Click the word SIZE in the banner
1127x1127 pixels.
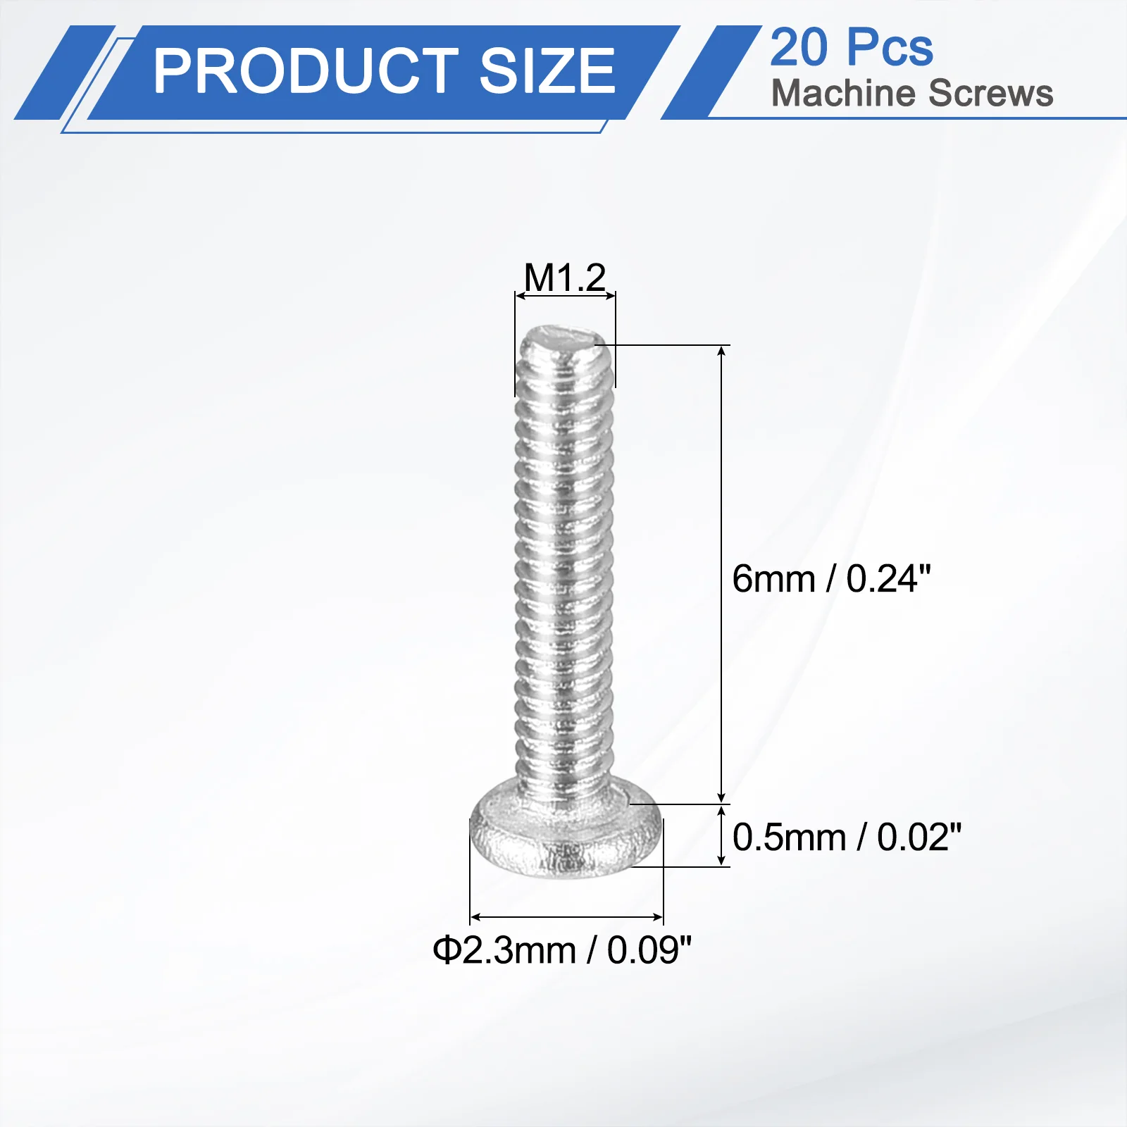(547, 70)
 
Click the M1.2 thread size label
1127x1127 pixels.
(565, 278)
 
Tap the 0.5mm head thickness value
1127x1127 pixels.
(789, 837)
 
